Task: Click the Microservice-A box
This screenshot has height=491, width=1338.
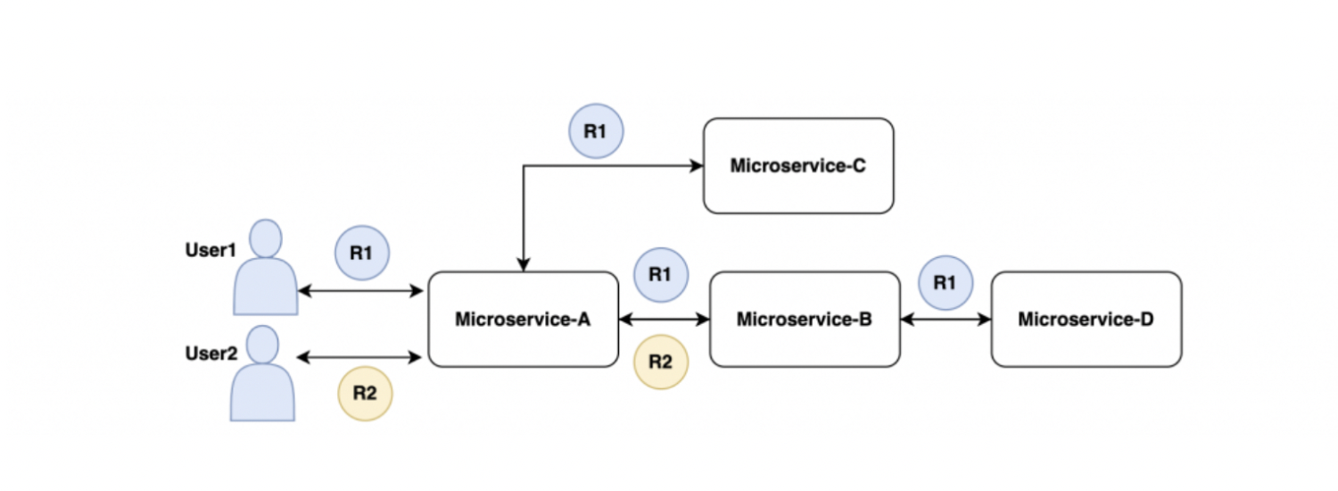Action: point(523,319)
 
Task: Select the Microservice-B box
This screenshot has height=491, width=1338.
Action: point(805,319)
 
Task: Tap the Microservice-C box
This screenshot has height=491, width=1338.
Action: point(798,166)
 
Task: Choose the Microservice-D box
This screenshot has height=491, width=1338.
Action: point(1086,319)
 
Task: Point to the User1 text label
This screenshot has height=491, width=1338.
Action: point(210,251)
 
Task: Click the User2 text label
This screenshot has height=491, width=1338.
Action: point(210,354)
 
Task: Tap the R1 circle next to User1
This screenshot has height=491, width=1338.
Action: point(361,253)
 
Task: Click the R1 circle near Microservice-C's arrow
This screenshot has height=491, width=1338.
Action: point(596,131)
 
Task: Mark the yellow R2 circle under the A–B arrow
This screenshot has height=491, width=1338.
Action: point(660,362)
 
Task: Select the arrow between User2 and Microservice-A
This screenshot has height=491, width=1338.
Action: point(359,358)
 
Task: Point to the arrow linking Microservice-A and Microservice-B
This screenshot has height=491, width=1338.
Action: point(664,319)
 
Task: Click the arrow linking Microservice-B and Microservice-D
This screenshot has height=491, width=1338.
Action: point(946,319)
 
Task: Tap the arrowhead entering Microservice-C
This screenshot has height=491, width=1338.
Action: point(693,166)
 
